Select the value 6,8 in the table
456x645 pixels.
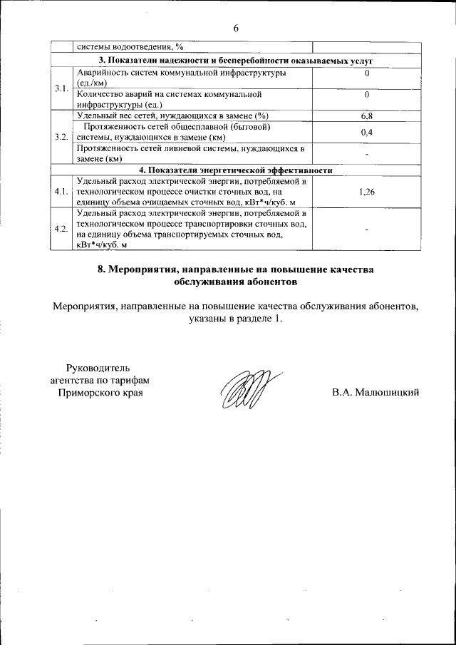point(367,115)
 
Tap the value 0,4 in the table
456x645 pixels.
point(367,132)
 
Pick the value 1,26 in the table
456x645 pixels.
point(367,192)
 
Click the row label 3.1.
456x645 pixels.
point(61,88)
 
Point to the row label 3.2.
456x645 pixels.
point(61,137)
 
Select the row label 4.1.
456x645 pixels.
point(61,192)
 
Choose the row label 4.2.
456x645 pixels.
point(61,229)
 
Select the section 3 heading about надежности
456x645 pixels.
point(235,61)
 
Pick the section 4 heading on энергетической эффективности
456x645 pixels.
point(235,170)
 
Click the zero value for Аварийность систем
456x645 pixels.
point(367,73)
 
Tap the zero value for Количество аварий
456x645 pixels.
point(367,94)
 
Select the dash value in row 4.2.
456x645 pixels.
point(367,229)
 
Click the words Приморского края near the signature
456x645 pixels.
point(100,393)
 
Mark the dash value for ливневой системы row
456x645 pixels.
point(367,154)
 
